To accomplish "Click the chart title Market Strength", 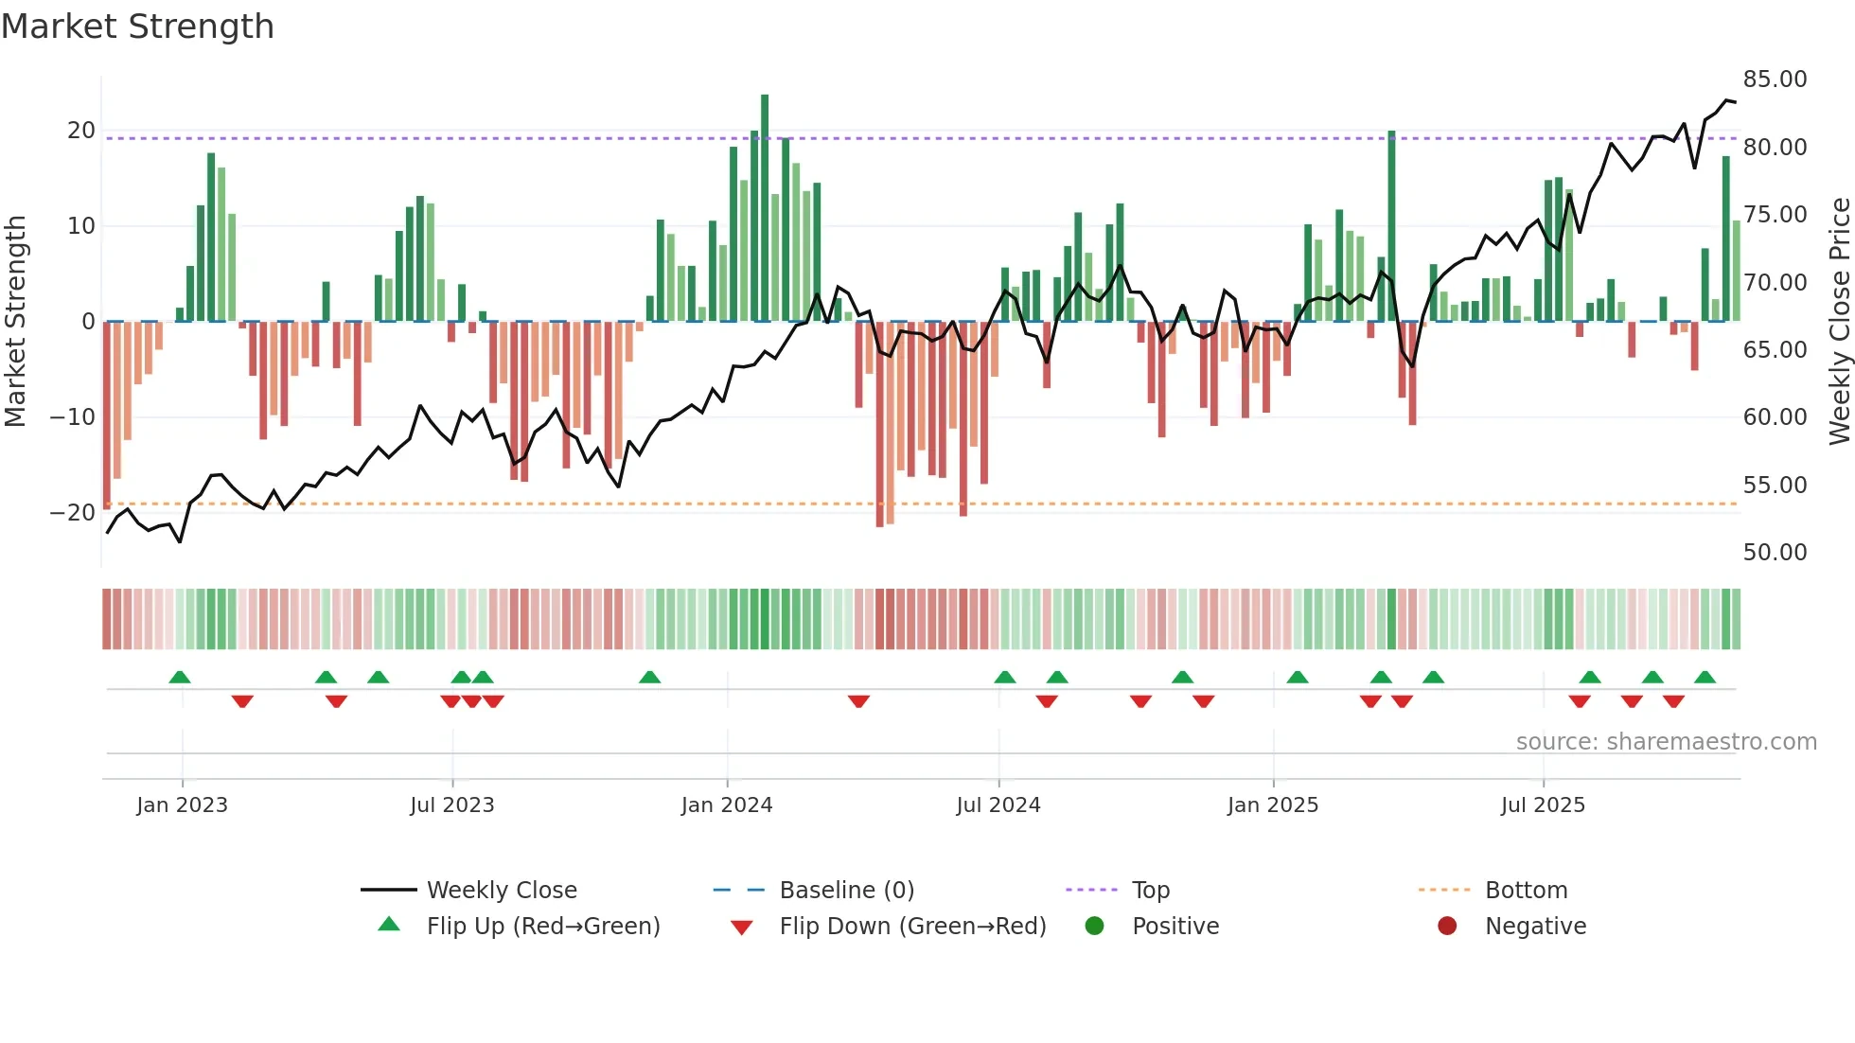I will coord(137,27).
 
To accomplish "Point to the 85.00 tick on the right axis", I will coord(1775,80).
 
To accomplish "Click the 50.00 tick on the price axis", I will coord(1775,553).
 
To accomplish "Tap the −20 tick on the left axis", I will coord(73,513).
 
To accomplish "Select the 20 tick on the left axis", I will coord(81,131).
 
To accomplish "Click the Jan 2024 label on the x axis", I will coord(726,805).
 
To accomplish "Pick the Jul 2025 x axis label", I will coord(1542,805).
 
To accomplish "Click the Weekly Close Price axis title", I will coord(1839,322).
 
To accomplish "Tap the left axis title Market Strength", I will coord(15,322).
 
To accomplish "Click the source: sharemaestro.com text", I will coord(1666,742).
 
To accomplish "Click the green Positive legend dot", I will coord(1094,927).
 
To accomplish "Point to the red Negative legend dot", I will coord(1446,927).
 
